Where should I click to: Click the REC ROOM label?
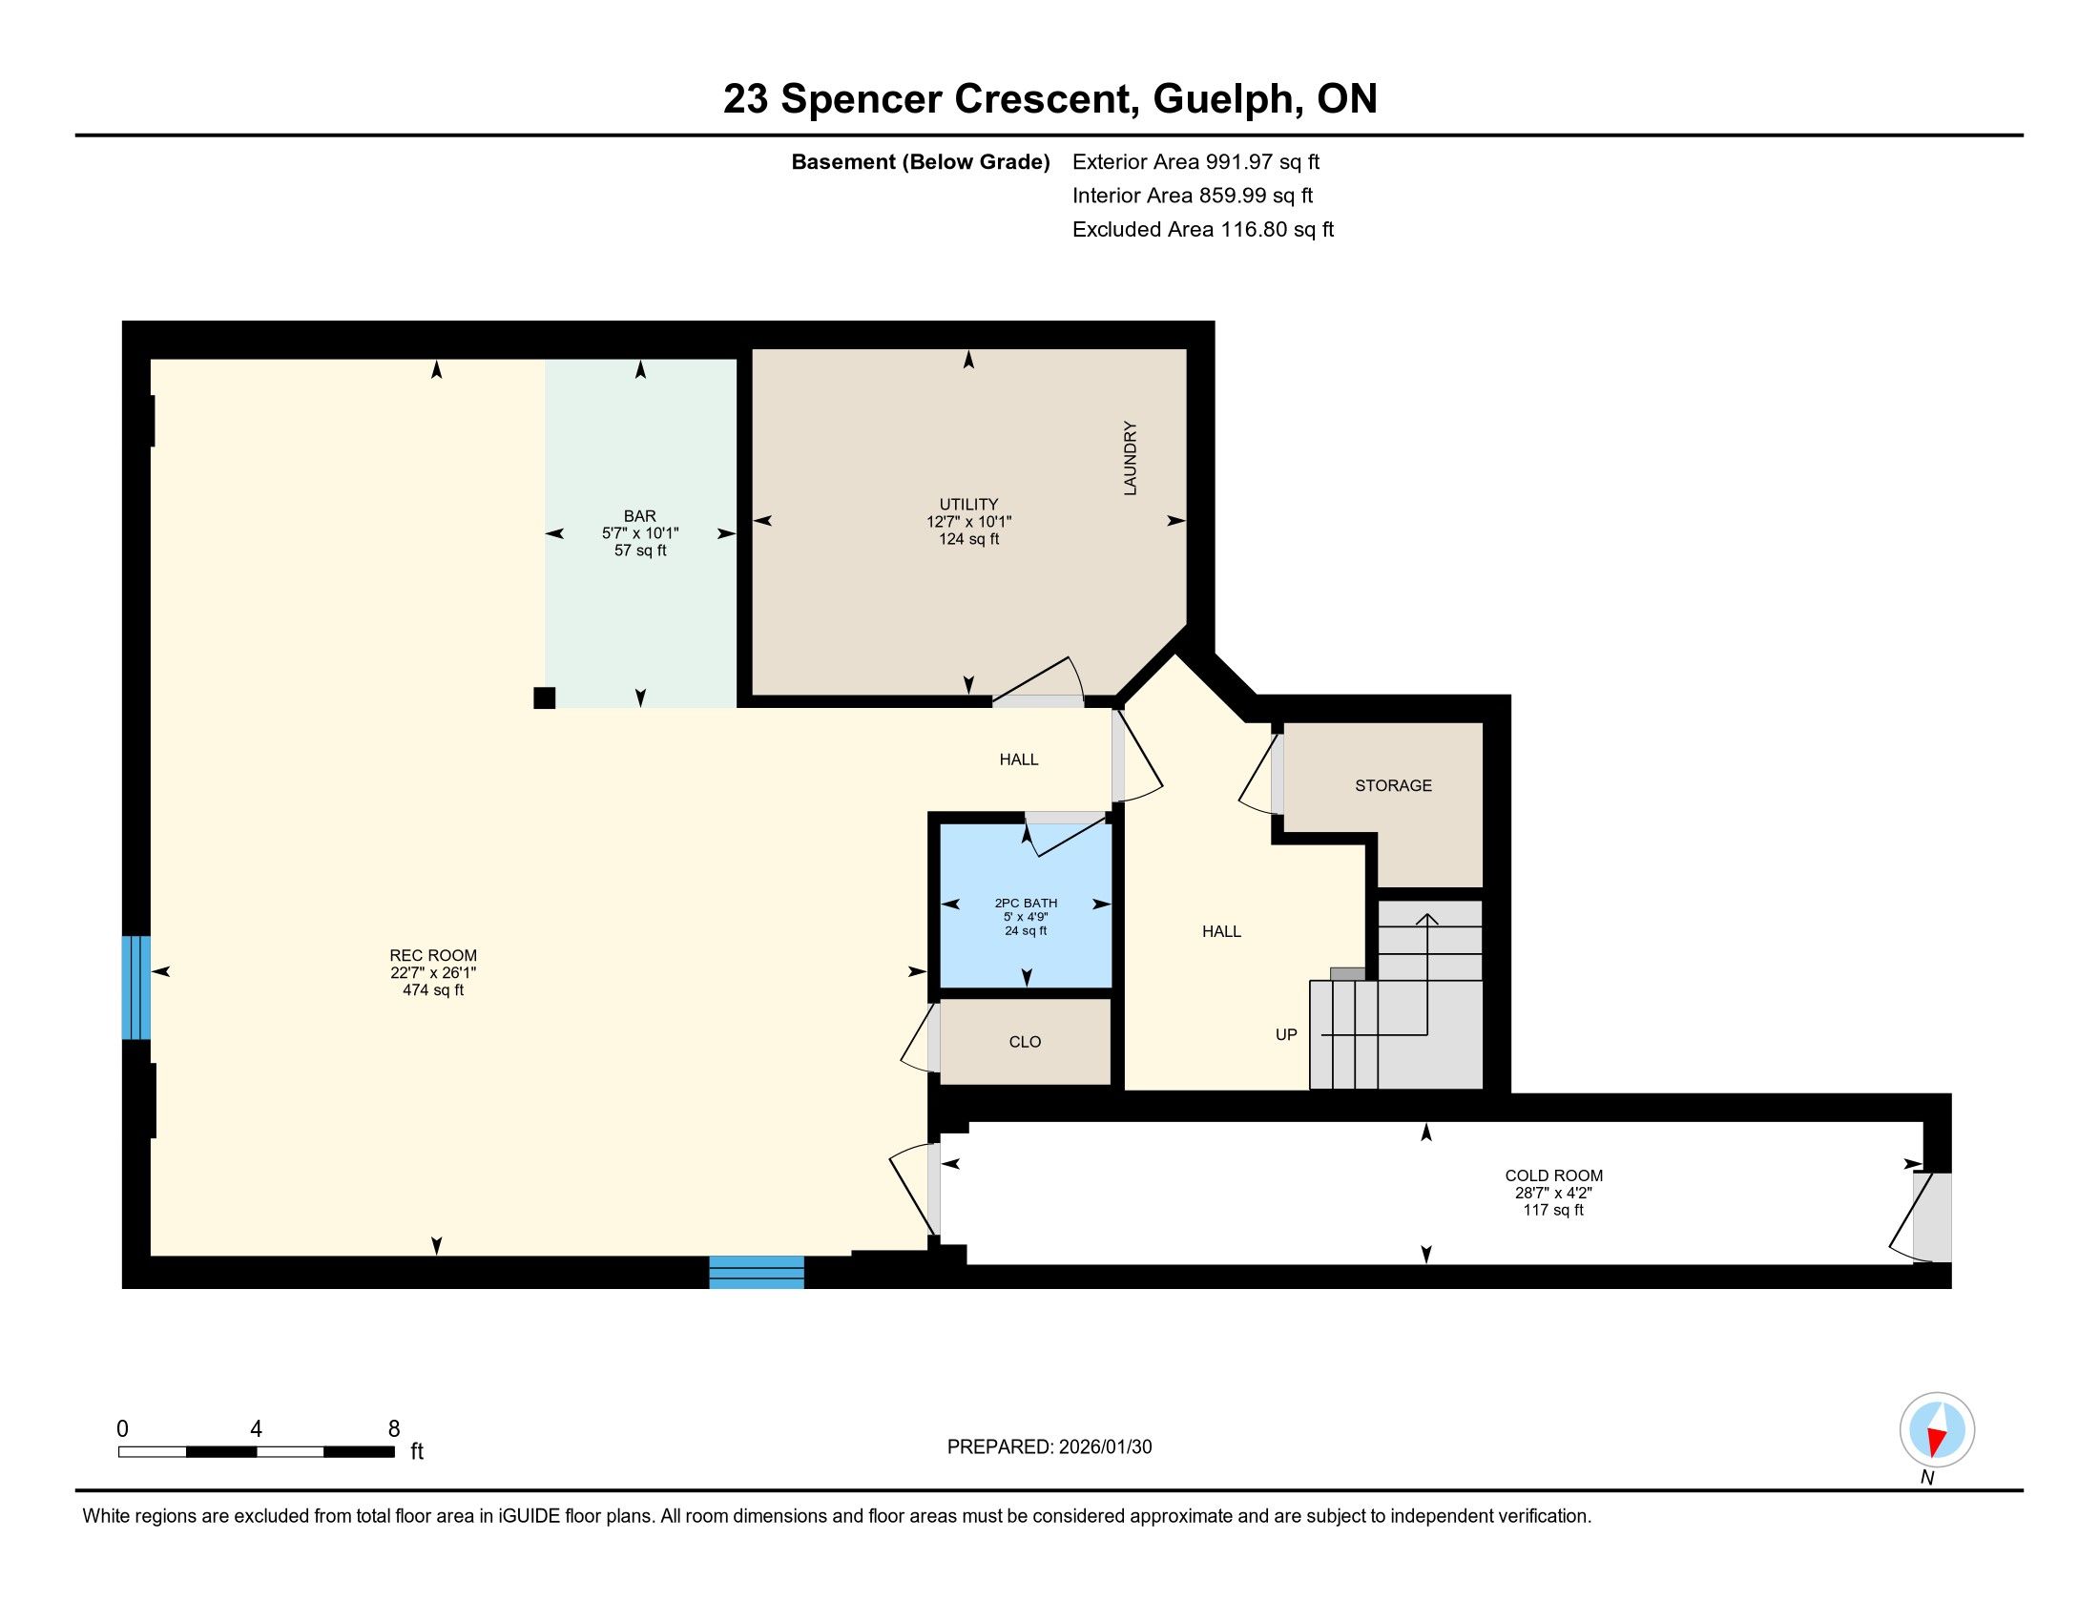(432, 955)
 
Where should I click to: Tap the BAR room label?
(640, 516)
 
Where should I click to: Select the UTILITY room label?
(968, 505)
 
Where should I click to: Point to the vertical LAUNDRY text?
(1131, 458)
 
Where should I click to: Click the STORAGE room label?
(1394, 786)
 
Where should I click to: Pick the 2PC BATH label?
(1026, 904)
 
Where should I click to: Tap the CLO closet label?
(1026, 1042)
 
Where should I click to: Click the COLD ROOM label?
(1554, 1175)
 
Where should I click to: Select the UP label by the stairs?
(1286, 1035)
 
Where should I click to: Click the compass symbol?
(1938, 1431)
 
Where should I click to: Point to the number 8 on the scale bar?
(394, 1429)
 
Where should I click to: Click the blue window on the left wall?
(136, 988)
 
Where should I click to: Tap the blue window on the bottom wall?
(757, 1272)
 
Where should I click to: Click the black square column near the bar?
(544, 698)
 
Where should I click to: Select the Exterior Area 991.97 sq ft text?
(1195, 161)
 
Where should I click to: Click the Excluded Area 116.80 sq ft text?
(1203, 230)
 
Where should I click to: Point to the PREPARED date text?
(1049, 1447)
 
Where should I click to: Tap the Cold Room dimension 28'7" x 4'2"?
(1554, 1193)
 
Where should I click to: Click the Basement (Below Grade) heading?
(920, 162)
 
